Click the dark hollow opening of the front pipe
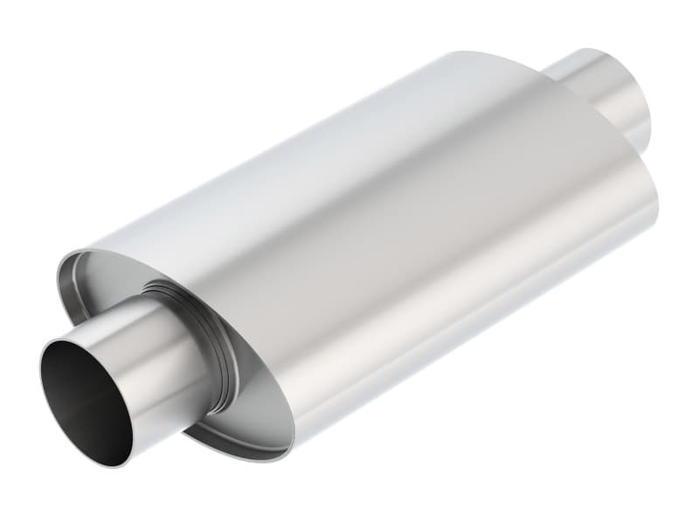[83, 397]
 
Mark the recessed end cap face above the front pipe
[114, 280]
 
